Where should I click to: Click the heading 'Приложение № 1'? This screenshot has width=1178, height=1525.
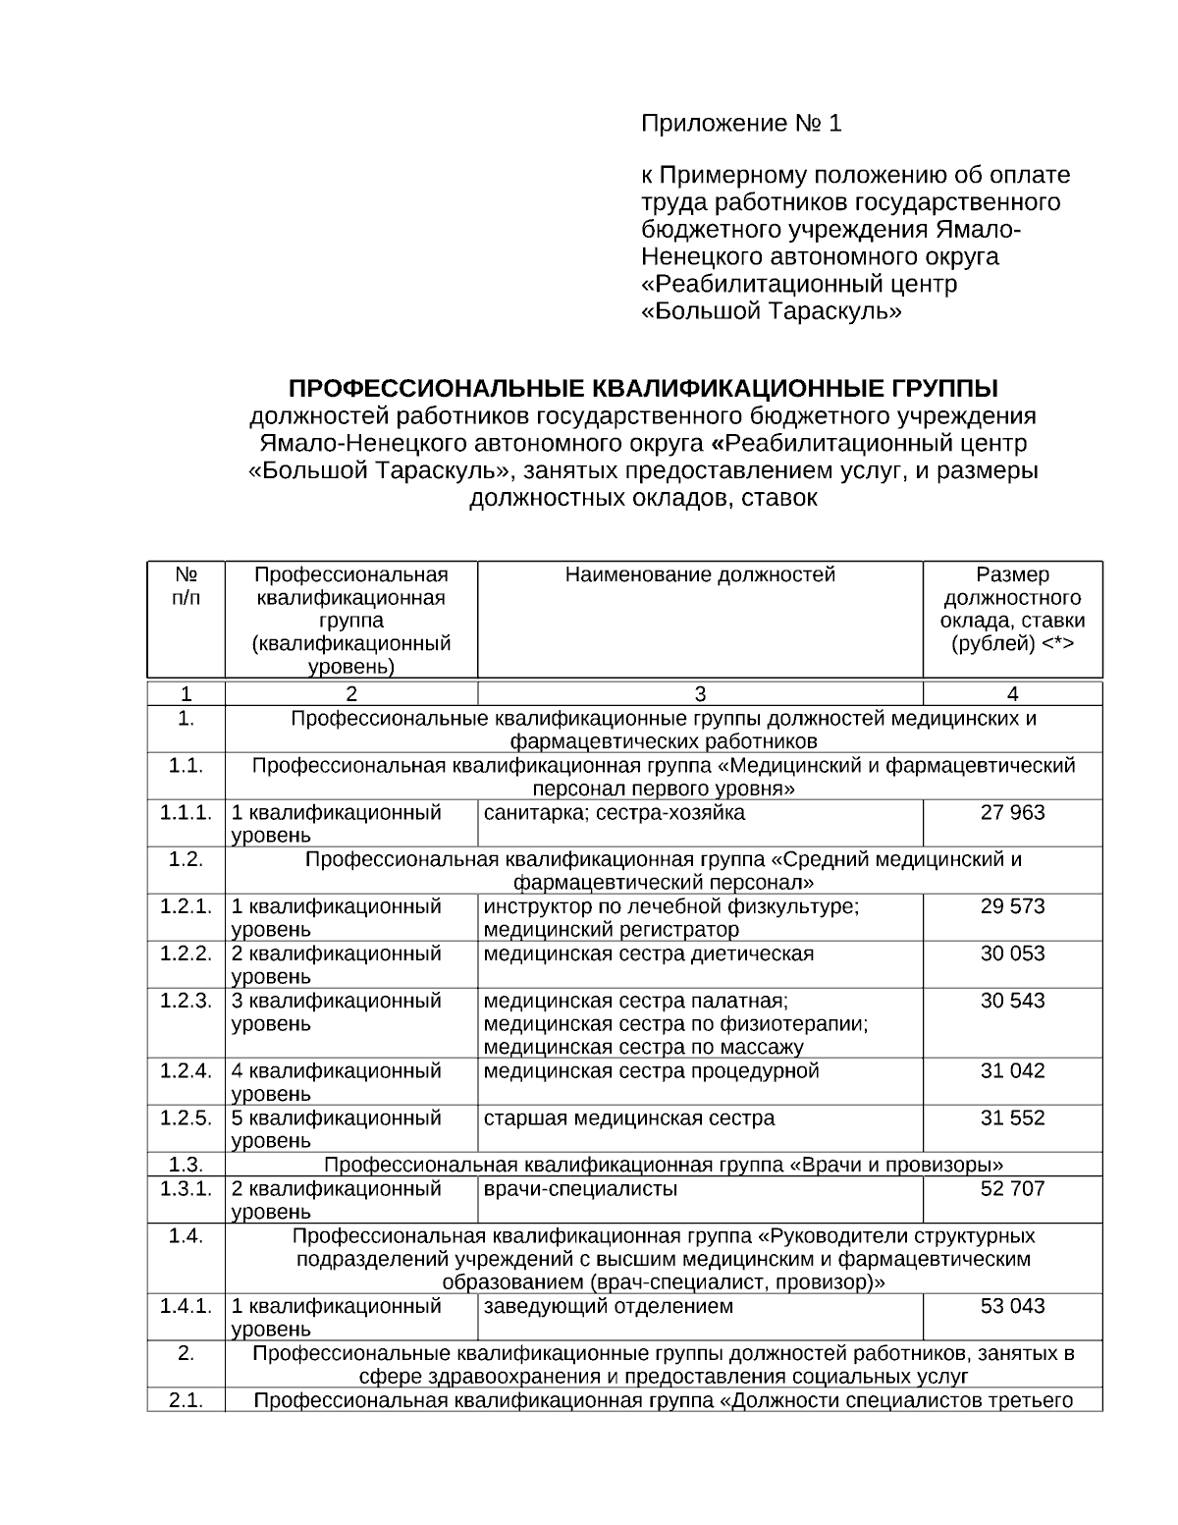point(741,124)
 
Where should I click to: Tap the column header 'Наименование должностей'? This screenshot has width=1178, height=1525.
point(700,574)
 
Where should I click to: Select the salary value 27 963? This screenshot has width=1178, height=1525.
point(1012,813)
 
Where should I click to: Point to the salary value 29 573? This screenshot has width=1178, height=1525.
point(1012,906)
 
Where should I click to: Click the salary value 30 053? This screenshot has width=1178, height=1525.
point(1012,953)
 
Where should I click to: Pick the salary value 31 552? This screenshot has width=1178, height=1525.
point(1012,1118)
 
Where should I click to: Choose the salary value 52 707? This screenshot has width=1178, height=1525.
point(1012,1189)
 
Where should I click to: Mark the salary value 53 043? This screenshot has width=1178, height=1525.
point(1012,1307)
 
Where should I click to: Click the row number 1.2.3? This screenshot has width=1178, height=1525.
point(186,1001)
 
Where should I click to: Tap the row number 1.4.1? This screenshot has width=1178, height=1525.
point(186,1307)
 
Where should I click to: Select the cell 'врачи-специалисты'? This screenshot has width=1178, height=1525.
point(580,1189)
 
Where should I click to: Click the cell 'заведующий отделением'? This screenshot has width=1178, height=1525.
point(609,1307)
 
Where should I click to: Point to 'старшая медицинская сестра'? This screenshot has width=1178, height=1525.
point(629,1118)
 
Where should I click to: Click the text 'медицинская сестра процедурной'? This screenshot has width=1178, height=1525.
point(651,1071)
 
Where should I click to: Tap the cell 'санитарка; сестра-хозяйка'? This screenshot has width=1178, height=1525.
point(615,813)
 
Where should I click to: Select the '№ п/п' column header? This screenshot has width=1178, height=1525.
point(186,586)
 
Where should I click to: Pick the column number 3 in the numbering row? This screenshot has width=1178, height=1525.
point(700,694)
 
